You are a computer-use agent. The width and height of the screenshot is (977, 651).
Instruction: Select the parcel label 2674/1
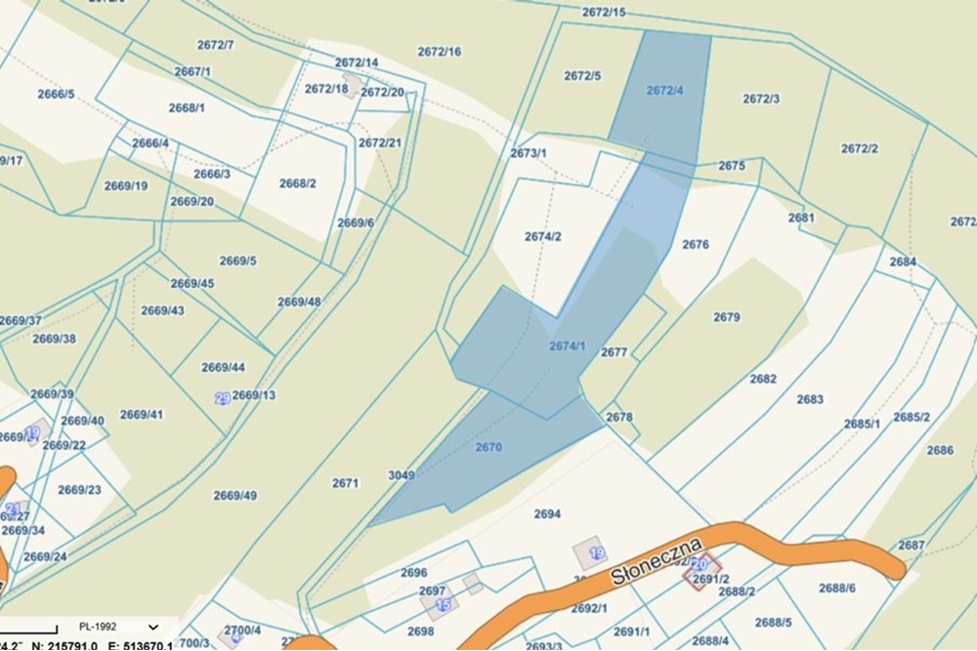567,346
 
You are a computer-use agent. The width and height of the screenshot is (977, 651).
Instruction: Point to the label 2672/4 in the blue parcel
665,91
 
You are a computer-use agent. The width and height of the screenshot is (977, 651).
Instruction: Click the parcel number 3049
401,475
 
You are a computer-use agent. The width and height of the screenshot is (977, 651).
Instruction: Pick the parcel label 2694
547,513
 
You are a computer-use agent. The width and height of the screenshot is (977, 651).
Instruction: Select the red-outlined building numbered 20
701,564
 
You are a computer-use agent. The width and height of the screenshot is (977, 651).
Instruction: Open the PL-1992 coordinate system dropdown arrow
153,627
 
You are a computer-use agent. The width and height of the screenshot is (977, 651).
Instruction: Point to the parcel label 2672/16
439,52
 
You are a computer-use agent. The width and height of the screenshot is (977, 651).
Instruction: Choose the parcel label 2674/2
543,236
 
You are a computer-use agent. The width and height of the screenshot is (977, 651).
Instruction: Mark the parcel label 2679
727,317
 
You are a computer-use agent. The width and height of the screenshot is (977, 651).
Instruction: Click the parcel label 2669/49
235,495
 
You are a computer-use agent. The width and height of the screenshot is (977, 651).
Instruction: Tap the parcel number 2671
345,483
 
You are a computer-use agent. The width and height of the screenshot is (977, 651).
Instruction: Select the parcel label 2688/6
837,588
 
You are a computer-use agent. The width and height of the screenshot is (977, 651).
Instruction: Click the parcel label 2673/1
529,153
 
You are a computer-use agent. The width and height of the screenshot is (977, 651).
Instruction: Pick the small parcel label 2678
619,417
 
